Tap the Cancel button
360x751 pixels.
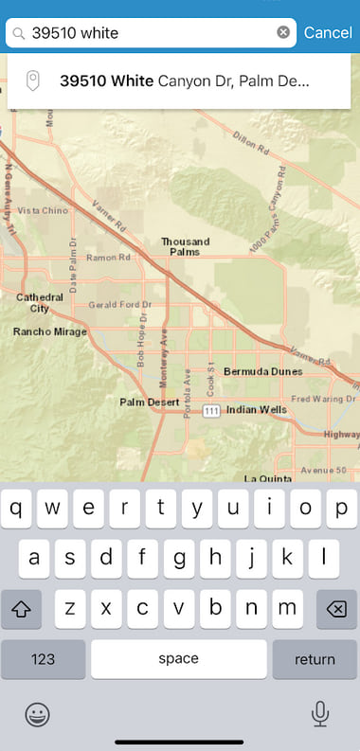tap(328, 33)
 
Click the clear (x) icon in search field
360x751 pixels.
tap(283, 33)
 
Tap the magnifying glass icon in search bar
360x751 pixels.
tap(19, 33)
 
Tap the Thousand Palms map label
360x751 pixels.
tap(185, 247)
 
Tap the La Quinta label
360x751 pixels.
tap(266, 479)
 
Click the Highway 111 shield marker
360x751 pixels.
tap(211, 410)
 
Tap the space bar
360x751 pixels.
tap(178, 659)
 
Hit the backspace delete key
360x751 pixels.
tap(335, 610)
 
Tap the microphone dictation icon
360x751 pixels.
tap(320, 712)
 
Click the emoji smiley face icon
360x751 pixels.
tap(38, 713)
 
